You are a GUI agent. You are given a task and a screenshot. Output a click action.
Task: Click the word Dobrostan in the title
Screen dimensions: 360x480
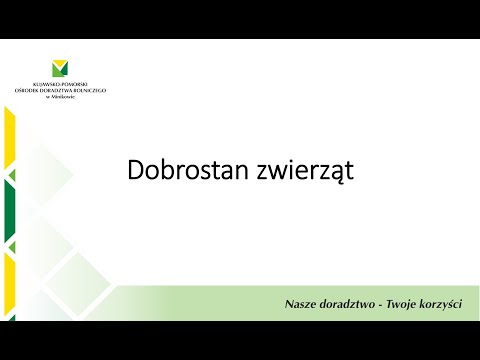182,171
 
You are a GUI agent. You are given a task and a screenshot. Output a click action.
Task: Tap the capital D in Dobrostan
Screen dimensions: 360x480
136,171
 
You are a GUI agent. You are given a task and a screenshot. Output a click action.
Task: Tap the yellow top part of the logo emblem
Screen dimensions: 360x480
61,64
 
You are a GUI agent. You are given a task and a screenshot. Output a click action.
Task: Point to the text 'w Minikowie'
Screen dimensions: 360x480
60,98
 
